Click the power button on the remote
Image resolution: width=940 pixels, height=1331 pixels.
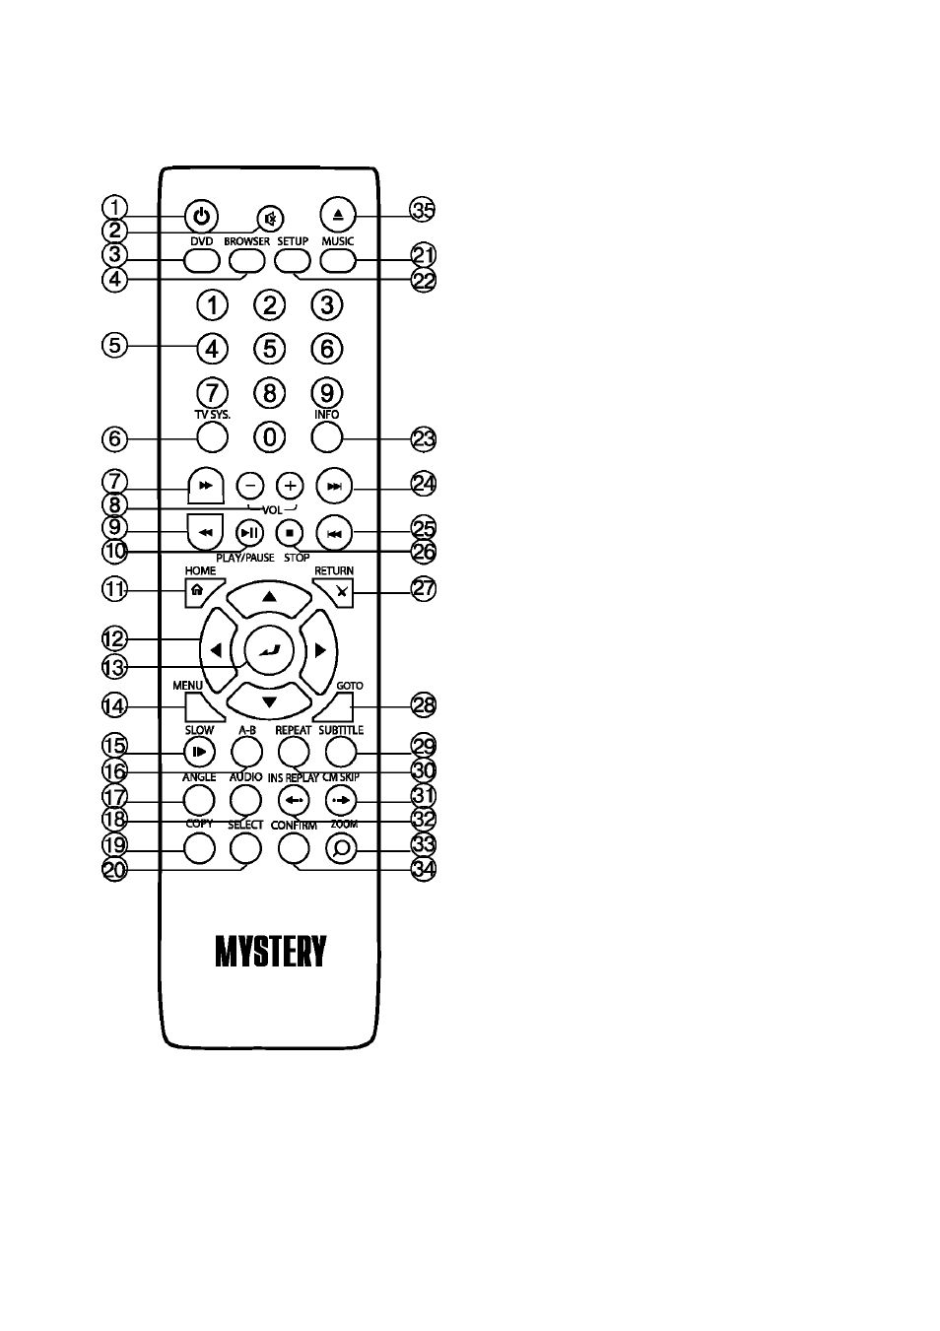[x=201, y=216]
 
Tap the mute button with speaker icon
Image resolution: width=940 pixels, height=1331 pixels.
[x=270, y=219]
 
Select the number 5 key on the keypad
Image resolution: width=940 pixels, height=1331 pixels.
[x=270, y=349]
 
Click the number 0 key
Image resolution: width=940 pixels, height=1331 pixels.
[x=270, y=438]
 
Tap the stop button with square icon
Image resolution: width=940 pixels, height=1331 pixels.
[x=290, y=533]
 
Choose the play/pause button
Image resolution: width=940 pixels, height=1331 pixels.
[x=249, y=533]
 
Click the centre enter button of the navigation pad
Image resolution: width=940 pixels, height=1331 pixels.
[x=270, y=650]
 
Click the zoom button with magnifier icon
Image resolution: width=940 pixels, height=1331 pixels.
[x=342, y=849]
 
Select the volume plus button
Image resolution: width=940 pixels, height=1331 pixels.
[x=290, y=486]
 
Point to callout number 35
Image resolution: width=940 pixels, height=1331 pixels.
[x=423, y=211]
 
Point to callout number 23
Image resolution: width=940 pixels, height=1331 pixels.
[x=424, y=439]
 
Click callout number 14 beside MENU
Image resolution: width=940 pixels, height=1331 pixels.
[x=114, y=705]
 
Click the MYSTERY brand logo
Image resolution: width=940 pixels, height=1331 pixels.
[x=270, y=952]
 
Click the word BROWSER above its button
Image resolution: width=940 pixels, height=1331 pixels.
[x=246, y=241]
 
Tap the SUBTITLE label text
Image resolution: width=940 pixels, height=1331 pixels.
[x=341, y=730]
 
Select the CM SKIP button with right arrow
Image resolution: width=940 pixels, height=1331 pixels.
[x=342, y=800]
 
